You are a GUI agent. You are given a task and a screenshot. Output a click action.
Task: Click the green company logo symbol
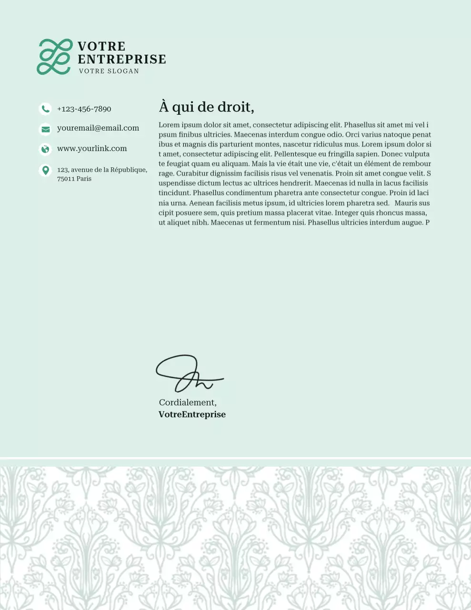[55, 57]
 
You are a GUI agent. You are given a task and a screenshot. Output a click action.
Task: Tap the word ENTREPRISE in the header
[122, 59]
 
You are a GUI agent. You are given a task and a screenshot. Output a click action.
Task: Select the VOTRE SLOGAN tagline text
[109, 71]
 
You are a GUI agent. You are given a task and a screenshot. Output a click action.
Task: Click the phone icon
[45, 109]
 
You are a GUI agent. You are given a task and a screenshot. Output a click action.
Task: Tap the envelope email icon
[45, 129]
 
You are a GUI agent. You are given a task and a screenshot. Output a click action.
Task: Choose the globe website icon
[45, 149]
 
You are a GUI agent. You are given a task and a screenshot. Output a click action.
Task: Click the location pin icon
[45, 170]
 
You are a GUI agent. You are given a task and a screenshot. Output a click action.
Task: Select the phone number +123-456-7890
[84, 109]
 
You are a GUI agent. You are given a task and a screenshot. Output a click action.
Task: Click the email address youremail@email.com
[98, 128]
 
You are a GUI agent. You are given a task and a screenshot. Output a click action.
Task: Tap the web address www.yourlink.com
[92, 149]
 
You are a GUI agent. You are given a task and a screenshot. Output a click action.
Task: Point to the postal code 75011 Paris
[74, 179]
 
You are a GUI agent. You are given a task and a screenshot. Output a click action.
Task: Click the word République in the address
[129, 170]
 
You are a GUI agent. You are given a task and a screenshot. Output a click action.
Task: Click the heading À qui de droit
[206, 107]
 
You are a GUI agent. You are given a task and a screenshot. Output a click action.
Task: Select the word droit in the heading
[235, 107]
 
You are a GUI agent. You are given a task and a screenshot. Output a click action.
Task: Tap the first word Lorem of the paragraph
[169, 125]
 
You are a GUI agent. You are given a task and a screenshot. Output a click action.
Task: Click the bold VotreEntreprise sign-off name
[192, 415]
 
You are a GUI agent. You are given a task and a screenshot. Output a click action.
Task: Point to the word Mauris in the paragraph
[406, 203]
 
